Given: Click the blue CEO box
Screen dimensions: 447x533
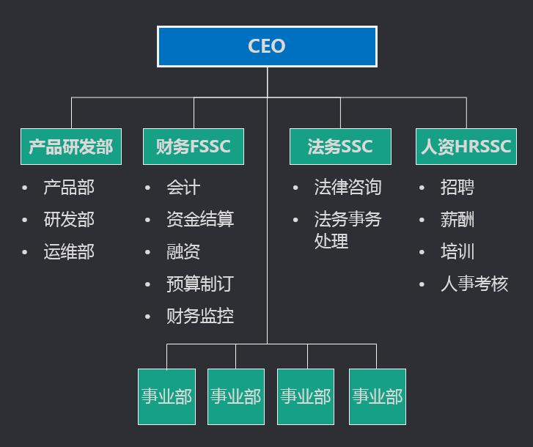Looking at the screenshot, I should pos(267,46).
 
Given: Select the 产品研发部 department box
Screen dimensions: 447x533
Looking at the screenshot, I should pos(71,147).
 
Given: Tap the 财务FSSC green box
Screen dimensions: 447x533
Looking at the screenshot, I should pos(194,147).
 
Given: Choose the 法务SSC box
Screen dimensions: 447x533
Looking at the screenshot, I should pos(340,147).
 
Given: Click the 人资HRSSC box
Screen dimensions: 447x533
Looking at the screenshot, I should pos(466,147).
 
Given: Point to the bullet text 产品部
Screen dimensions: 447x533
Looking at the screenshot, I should pos(69,188).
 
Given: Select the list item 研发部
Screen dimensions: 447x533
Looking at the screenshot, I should pos(69,220).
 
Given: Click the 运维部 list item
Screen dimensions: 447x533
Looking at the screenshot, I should pos(69,252).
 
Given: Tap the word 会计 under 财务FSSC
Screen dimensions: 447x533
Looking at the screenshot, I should pos(183,188).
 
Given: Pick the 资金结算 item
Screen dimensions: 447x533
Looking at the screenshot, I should pos(200,220).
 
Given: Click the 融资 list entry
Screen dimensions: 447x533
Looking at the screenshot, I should pos(183,252).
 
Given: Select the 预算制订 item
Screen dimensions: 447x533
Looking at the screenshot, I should pos(200,284).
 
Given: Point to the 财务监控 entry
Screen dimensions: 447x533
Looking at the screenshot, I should pos(200,317).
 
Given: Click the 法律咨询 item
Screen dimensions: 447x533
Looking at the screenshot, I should pos(348,188).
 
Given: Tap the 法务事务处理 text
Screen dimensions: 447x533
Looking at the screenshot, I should pos(348,229).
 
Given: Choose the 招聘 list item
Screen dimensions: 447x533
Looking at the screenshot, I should pos(457,188).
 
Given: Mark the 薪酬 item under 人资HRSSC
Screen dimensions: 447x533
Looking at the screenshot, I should pos(457,220).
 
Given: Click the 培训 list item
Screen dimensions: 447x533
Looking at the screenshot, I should pos(457,252).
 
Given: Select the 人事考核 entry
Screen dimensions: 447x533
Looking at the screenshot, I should pos(474,284).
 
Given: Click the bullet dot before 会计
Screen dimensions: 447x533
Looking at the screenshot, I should pos(149,188).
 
